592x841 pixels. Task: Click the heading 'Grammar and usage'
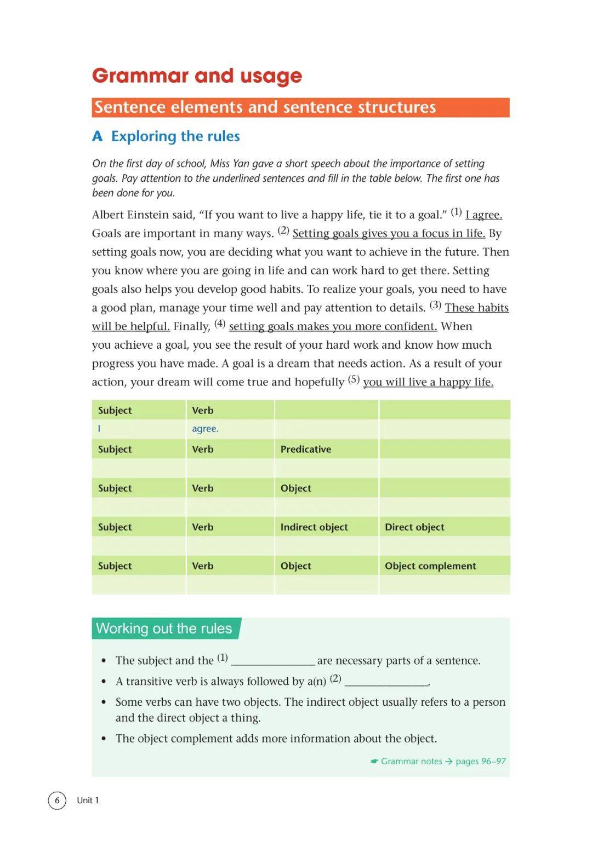197,76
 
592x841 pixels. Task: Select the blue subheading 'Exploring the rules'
175,136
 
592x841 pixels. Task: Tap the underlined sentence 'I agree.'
483,215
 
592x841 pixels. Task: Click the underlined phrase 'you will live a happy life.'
428,382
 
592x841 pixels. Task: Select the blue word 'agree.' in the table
205,429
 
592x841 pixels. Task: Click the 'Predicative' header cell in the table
306,450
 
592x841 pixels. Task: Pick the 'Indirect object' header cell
314,527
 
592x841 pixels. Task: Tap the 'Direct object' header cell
414,527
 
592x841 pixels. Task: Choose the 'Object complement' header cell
430,566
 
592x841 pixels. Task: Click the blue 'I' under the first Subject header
99,429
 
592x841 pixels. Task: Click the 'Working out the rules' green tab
164,629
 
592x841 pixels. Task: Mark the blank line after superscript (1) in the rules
273,661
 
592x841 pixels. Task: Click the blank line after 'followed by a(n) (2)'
386,682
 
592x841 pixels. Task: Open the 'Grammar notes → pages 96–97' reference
438,762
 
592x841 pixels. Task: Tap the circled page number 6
57,800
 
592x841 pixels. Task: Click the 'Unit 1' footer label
88,800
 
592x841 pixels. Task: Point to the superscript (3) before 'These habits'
435,305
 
